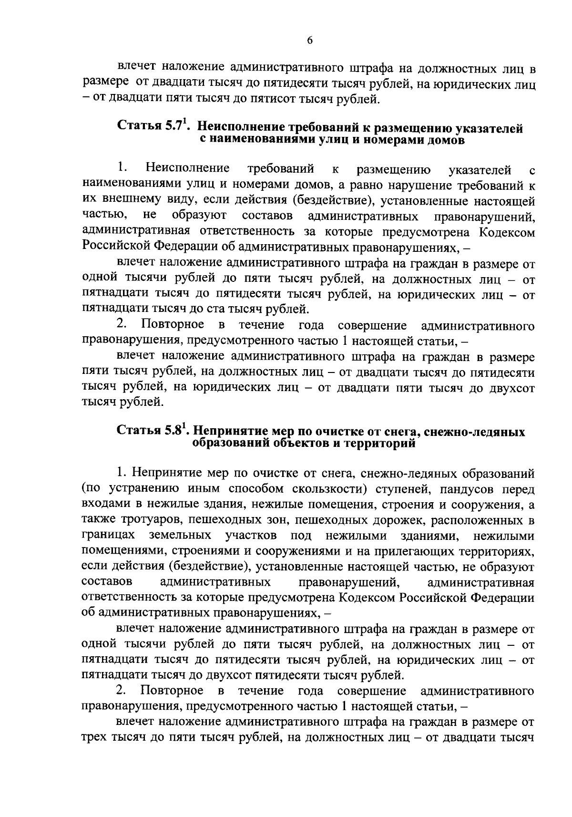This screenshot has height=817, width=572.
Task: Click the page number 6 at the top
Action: tap(309, 41)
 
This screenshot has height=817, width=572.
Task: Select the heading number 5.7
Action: tap(175, 128)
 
